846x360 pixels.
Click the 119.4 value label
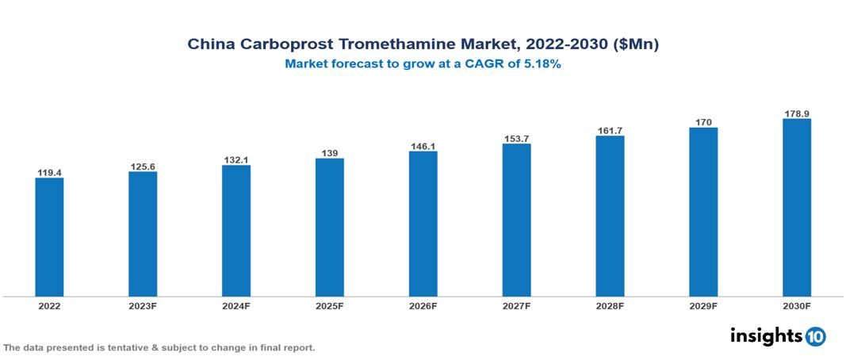point(49,172)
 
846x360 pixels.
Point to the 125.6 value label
point(143,167)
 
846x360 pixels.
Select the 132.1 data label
point(236,160)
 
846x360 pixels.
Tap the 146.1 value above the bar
point(423,147)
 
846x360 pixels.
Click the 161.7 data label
point(610,130)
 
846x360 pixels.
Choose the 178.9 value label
point(796,114)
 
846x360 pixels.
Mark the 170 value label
point(703,122)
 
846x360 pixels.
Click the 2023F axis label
point(143,305)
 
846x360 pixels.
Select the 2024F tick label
point(236,305)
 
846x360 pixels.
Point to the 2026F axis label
point(423,305)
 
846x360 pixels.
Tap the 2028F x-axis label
point(610,305)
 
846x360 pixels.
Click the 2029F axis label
point(703,305)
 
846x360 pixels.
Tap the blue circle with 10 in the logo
point(815,336)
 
